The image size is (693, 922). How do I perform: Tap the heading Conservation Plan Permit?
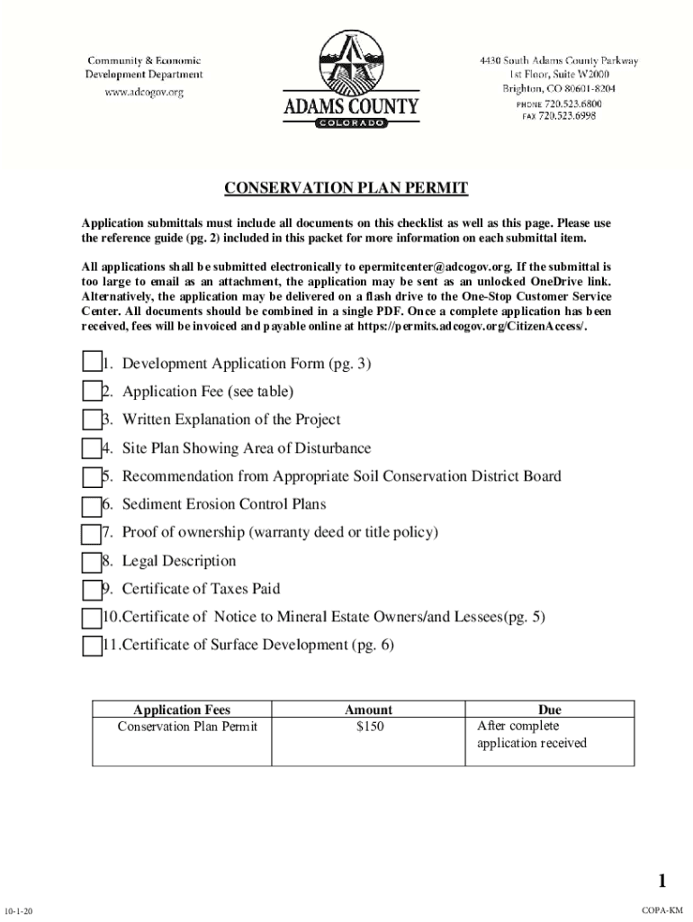click(x=346, y=188)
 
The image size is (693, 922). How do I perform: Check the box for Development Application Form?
click(x=91, y=363)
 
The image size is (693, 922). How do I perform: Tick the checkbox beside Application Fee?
click(x=91, y=391)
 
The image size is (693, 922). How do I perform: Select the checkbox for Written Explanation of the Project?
click(x=91, y=420)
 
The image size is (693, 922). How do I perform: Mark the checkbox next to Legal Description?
click(x=91, y=562)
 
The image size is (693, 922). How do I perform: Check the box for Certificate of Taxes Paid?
click(x=91, y=590)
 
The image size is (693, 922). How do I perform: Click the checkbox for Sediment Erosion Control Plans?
click(x=91, y=505)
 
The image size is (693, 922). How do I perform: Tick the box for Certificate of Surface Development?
click(x=91, y=646)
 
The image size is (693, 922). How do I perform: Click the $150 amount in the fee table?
click(x=369, y=727)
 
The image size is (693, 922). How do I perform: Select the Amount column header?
click(x=369, y=710)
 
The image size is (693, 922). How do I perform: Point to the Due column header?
click(x=549, y=710)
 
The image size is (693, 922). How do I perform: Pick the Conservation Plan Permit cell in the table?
click(x=187, y=727)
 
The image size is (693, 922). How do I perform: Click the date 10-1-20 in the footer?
click(x=19, y=911)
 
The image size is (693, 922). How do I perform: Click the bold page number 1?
click(x=661, y=881)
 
